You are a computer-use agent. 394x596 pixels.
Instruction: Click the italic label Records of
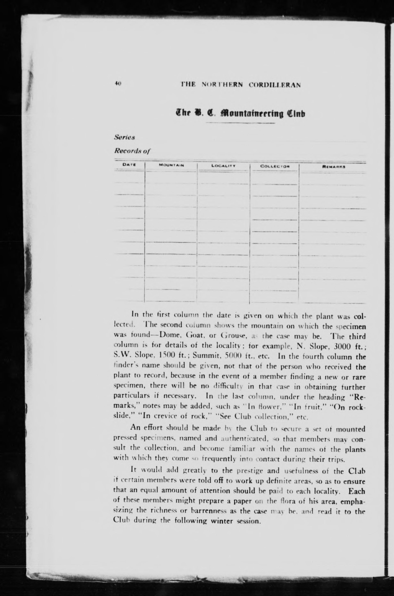click(x=132, y=151)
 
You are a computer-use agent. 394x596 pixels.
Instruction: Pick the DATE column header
click(x=129, y=165)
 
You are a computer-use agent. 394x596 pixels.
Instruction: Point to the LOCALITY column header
click(x=223, y=166)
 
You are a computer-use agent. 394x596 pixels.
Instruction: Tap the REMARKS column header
click(x=333, y=166)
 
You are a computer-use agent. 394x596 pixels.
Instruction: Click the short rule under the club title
click(x=240, y=123)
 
